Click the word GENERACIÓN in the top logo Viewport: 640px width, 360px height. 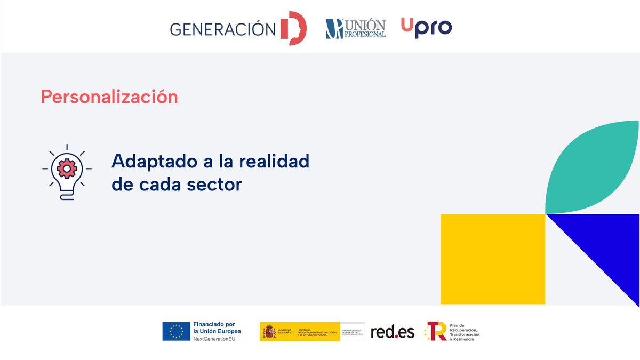(222, 29)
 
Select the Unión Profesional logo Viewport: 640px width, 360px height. (356, 28)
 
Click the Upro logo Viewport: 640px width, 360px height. (426, 27)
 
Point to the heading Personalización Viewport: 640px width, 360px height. (109, 97)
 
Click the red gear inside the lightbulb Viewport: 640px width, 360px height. (67, 168)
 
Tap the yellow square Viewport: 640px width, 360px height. (492, 259)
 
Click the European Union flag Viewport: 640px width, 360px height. (176, 331)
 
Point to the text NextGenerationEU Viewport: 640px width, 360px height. (214, 339)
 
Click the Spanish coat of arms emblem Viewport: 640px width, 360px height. (269, 332)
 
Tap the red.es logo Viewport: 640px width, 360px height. (393, 332)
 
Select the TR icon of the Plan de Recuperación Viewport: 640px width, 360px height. (436, 331)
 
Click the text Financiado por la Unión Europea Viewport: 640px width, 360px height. (217, 327)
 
